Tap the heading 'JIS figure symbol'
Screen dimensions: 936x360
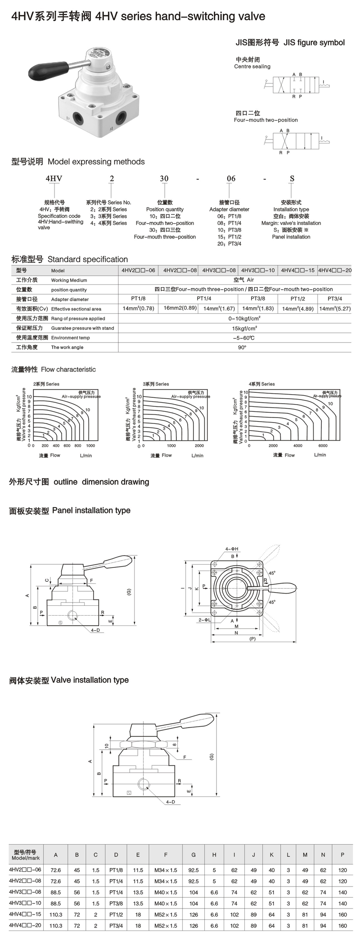[314, 43]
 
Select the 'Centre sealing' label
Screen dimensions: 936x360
[252, 67]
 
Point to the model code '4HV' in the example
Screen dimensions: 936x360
[54, 179]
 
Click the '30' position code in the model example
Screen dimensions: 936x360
[164, 179]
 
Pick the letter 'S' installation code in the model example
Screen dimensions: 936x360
[292, 179]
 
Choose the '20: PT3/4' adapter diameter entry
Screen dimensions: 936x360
[229, 244]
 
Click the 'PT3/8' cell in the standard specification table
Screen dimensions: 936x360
[258, 299]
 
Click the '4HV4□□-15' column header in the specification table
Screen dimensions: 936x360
[297, 270]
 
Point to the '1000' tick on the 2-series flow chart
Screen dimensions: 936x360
[90, 446]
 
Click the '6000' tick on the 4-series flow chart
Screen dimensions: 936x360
[323, 446]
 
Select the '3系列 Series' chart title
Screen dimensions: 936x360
[156, 384]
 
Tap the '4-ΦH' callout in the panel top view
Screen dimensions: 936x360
[232, 549]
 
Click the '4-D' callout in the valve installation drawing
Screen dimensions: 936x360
[170, 802]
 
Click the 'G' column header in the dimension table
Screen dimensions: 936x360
[193, 855]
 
